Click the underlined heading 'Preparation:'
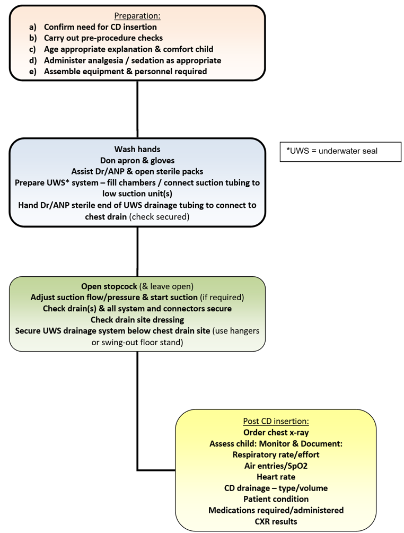coord(137,16)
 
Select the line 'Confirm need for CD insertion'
coord(100,27)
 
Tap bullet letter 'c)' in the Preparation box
coord(33,49)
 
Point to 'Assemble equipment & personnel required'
coord(125,72)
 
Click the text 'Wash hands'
coord(137,150)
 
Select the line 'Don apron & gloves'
coord(137,160)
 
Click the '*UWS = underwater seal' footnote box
coord(340,151)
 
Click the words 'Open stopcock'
coord(108,286)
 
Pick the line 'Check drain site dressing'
coord(137,319)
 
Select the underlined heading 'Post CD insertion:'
coord(276,421)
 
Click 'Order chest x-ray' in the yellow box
coord(276,432)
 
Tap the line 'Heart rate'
coord(276,477)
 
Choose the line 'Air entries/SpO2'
coord(276,466)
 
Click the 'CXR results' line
coord(276,521)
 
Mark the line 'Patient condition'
coord(276,499)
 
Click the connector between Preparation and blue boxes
coord(137,109)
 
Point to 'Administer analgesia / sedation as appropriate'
coord(133,60)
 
